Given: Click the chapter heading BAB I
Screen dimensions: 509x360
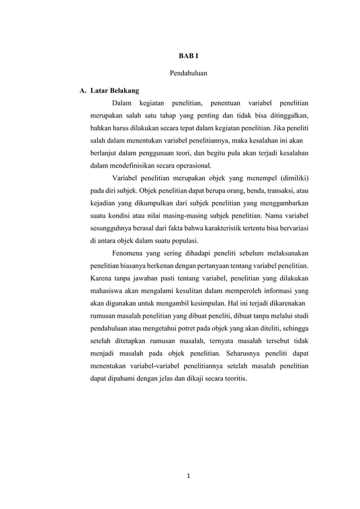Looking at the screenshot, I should [180, 56].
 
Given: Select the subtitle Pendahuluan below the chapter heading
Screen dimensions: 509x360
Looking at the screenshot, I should [180, 73].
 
